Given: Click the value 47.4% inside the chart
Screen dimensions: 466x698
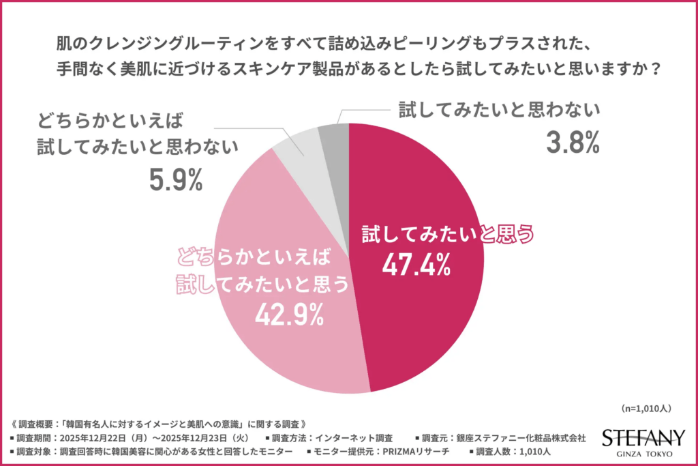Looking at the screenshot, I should tap(415, 265).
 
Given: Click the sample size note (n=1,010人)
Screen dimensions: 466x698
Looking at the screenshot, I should tap(647, 409).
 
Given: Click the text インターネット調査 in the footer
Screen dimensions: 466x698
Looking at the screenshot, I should tap(354, 437).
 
